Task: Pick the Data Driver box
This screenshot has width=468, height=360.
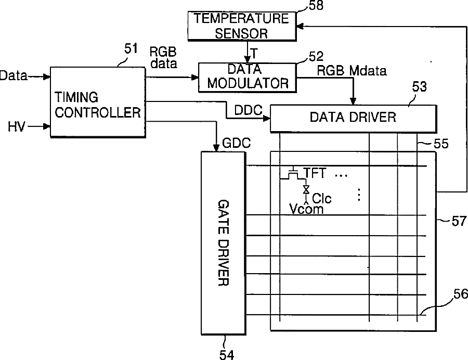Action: click(353, 118)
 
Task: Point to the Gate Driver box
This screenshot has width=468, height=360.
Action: click(223, 242)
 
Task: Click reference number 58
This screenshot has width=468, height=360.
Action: click(315, 6)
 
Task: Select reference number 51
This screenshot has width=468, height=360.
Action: click(131, 49)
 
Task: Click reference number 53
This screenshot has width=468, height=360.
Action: click(419, 86)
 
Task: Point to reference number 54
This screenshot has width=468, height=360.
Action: click(225, 354)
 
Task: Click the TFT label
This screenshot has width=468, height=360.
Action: click(315, 174)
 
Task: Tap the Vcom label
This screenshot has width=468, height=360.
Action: click(306, 209)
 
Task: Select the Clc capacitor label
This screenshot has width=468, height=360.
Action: click(321, 198)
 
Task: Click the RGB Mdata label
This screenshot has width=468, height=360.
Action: click(352, 71)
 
